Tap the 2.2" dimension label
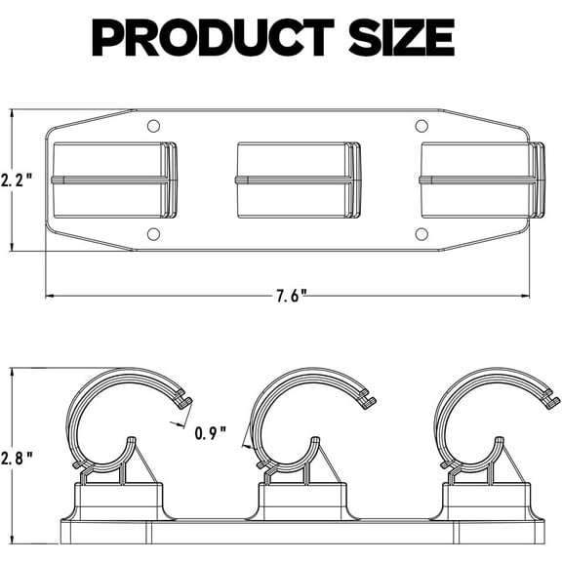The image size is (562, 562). click(19, 180)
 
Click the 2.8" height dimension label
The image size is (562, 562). click(19, 456)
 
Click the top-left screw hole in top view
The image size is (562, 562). click(153, 126)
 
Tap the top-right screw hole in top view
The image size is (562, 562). click(421, 126)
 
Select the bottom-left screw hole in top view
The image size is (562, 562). click(153, 233)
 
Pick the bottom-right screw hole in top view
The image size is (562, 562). click(421, 233)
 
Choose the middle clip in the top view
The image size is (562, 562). click(299, 180)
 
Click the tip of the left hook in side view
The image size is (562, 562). click(185, 400)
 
